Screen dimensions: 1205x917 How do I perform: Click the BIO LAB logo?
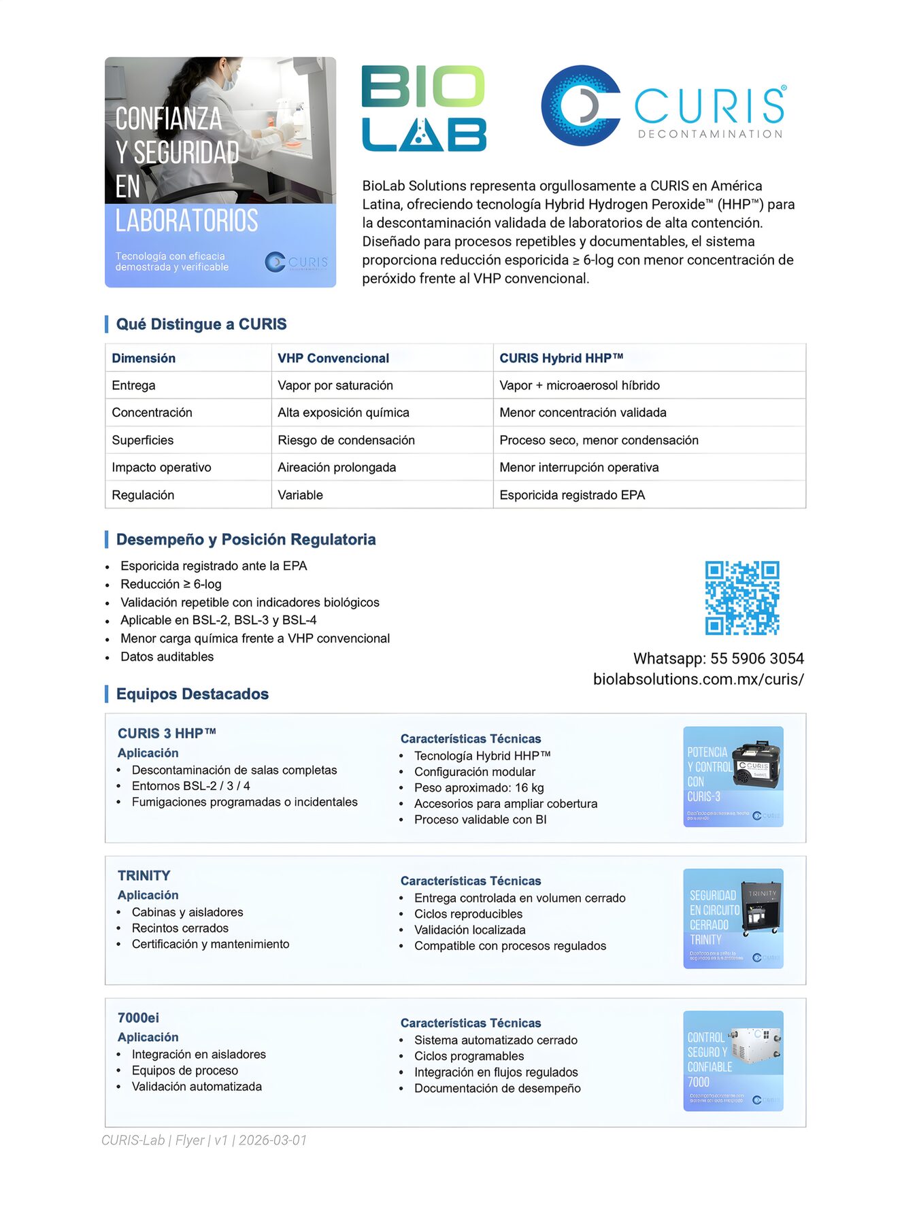coord(424,108)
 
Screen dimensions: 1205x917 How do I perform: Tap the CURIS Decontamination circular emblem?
coord(580,106)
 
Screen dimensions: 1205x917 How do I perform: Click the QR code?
coord(741,598)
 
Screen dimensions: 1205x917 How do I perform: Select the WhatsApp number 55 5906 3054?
coord(756,658)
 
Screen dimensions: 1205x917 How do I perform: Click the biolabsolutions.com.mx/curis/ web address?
coord(698,679)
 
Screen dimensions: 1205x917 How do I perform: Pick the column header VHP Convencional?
coord(333,358)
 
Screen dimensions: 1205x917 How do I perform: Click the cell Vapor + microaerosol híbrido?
coord(580,386)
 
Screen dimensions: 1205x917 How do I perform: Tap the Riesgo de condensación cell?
coord(346,440)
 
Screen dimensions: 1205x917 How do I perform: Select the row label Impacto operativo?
coord(161,467)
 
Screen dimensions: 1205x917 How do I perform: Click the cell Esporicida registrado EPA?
coord(572,495)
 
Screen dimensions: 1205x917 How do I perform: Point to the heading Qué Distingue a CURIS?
coord(201,324)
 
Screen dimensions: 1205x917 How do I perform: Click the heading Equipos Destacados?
coord(193,694)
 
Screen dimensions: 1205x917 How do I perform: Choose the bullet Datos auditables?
coord(167,656)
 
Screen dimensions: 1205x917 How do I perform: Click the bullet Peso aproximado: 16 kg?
coord(479,787)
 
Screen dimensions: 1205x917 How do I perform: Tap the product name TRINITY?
coord(144,875)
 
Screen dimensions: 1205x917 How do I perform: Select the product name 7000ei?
coord(138,1017)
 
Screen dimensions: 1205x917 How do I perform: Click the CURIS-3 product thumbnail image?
coord(733,777)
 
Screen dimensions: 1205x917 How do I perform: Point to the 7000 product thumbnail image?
coord(733,1061)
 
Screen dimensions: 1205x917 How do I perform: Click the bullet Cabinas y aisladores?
coord(187,912)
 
